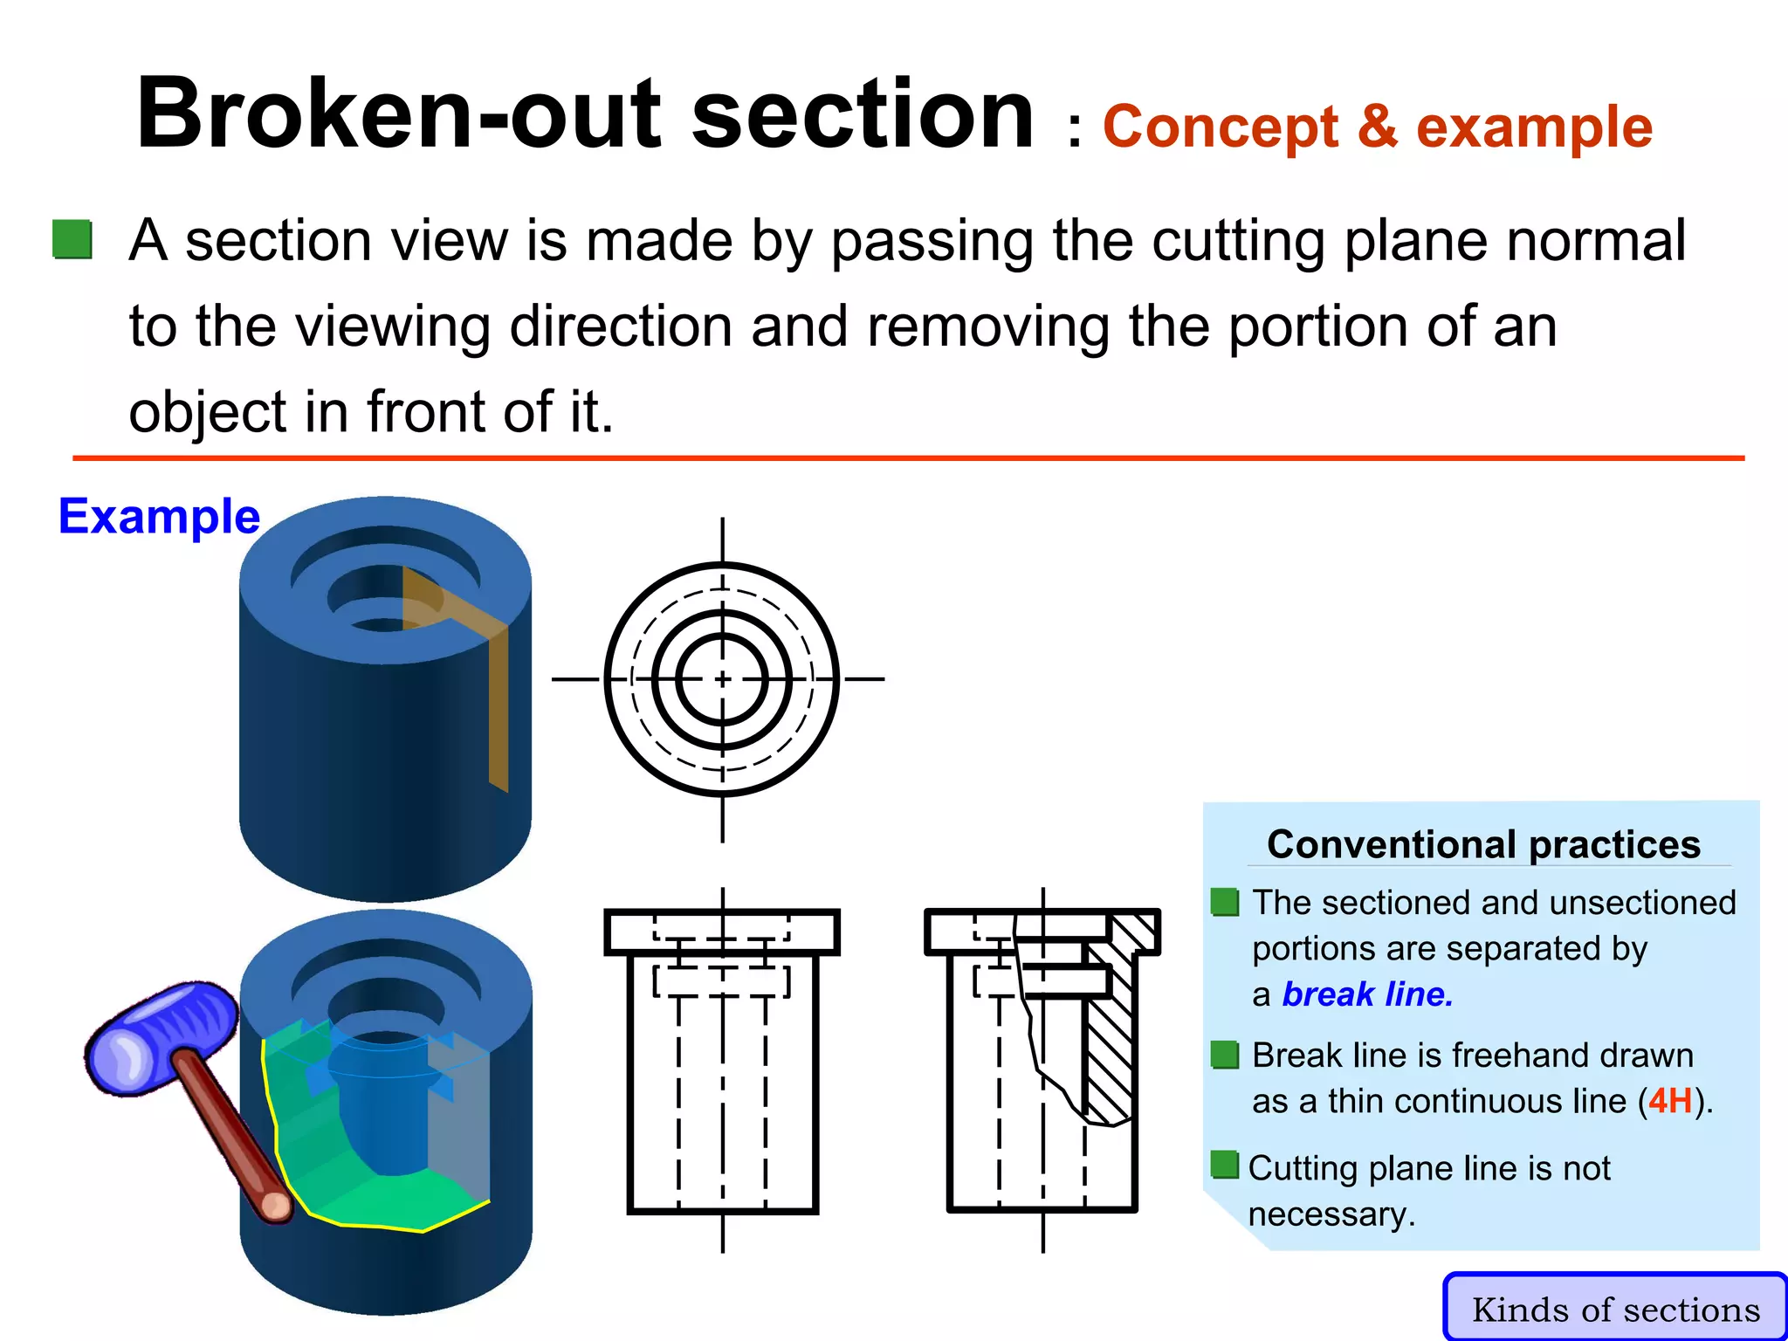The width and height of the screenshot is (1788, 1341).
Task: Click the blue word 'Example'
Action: click(x=159, y=516)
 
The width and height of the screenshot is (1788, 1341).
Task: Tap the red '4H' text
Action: click(x=1670, y=1101)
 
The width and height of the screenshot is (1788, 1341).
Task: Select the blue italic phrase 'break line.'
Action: click(x=1367, y=994)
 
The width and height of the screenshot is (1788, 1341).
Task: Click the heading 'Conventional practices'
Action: click(x=1483, y=844)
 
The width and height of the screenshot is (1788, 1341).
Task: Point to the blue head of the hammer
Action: click(x=162, y=1039)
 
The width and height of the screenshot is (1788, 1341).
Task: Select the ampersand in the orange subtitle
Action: click(x=1377, y=127)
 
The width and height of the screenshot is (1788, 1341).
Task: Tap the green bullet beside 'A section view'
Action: click(x=72, y=239)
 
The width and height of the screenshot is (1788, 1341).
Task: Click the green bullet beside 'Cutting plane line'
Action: click(x=1225, y=1165)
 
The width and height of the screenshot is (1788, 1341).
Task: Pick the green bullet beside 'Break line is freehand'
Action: click(x=1225, y=1055)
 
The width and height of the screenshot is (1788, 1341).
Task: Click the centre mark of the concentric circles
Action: click(x=722, y=679)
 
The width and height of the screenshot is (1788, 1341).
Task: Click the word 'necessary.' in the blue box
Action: click(x=1331, y=1214)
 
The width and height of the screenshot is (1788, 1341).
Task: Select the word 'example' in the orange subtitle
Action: click(x=1534, y=127)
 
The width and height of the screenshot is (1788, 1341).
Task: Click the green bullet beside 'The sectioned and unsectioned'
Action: click(x=1225, y=902)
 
